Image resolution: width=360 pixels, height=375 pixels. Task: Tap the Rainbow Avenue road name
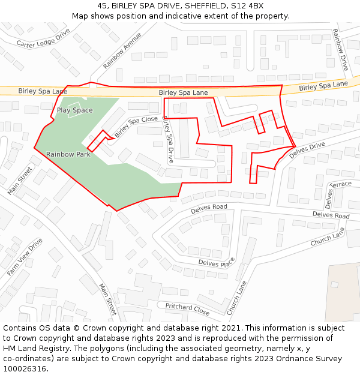click(122, 50)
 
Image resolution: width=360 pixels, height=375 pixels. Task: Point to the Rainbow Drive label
click(340, 50)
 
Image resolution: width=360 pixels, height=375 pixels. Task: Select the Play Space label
click(75, 110)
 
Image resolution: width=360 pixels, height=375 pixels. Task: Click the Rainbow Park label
click(68, 154)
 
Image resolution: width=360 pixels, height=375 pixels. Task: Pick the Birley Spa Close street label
click(136, 126)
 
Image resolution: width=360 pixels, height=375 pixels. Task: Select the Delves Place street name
click(217, 263)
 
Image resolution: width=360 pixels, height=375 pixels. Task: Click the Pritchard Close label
click(188, 309)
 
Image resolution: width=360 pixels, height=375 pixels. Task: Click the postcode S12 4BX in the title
click(247, 6)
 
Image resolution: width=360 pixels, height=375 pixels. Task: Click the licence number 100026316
click(25, 368)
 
